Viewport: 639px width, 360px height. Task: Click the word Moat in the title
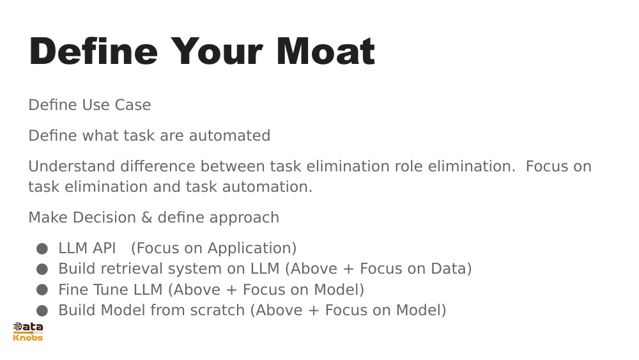[x=326, y=51]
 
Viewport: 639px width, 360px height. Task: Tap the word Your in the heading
[x=217, y=51]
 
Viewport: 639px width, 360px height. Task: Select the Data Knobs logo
[x=27, y=331]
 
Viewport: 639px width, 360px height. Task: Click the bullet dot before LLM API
[x=42, y=249]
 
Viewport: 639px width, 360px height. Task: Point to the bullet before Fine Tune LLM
[x=42, y=290]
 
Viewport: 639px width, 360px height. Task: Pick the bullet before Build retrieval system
[x=42, y=269]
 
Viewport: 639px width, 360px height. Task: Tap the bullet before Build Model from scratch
[x=42, y=311]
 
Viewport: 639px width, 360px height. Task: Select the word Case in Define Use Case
[x=133, y=105]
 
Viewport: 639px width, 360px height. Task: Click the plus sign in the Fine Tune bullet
[x=231, y=290]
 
